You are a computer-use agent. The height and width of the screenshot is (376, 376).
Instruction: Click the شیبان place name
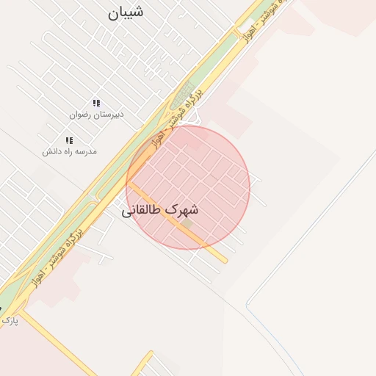tap(126, 12)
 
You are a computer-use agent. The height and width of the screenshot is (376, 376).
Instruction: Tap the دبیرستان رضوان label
tap(97, 115)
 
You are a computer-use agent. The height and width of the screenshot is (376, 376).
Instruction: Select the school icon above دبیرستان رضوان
tap(95, 104)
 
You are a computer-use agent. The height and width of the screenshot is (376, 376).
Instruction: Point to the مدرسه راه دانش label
tap(69, 151)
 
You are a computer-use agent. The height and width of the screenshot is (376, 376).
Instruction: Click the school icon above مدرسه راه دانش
tap(69, 140)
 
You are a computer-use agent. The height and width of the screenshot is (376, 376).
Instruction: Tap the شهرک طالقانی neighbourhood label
tap(159, 210)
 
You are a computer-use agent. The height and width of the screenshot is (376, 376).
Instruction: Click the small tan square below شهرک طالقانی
tap(187, 223)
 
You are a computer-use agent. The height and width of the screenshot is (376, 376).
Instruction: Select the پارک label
tap(9, 321)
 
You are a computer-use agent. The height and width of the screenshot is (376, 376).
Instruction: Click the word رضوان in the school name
tap(82, 115)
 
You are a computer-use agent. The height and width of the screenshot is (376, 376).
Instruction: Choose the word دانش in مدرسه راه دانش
tap(50, 151)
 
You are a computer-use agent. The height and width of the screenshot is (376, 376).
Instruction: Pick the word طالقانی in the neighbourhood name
tap(142, 211)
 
